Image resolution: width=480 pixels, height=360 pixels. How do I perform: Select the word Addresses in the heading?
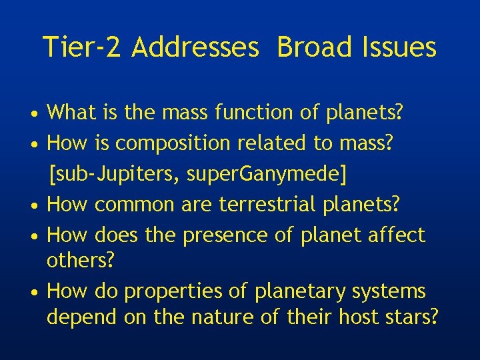tap(195, 47)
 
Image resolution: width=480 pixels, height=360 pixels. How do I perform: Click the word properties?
tap(177, 291)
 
